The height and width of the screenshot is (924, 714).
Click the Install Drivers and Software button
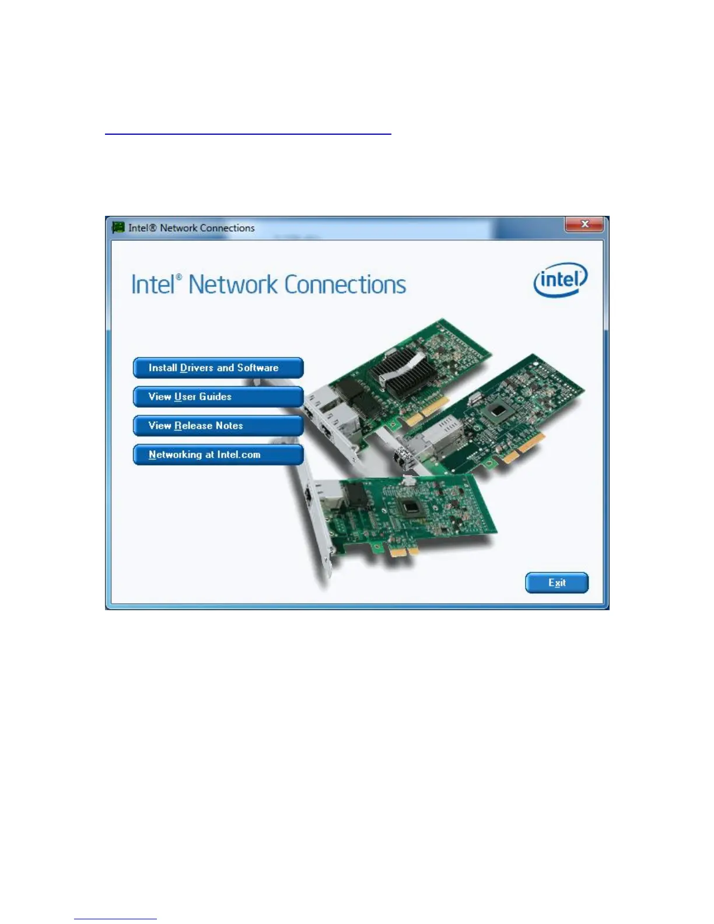click(218, 368)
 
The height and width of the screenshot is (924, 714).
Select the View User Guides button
click(218, 397)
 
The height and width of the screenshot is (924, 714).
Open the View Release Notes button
click(218, 426)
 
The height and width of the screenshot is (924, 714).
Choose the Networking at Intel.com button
click(218, 455)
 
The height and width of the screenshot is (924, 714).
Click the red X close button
click(584, 225)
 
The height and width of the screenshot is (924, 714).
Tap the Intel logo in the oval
click(561, 281)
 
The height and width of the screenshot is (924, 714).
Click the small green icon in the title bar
click(118, 228)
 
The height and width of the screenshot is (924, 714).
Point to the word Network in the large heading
click(233, 285)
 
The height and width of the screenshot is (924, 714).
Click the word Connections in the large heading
click(345, 285)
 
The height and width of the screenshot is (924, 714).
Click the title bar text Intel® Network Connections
click(191, 228)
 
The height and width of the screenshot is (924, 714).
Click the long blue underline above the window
click(248, 134)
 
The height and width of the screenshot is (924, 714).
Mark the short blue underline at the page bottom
click(116, 919)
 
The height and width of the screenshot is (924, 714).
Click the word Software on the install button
click(258, 368)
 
